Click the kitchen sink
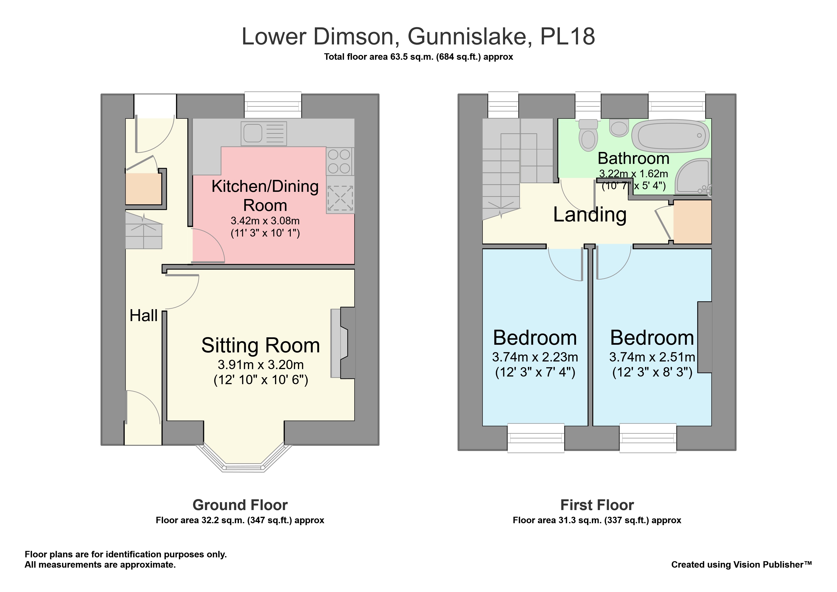[x=264, y=134]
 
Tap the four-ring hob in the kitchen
[x=339, y=161]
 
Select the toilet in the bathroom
[x=588, y=135]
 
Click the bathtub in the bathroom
[x=670, y=137]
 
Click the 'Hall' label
[x=144, y=316]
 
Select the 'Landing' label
[x=590, y=215]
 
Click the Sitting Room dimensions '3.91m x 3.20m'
[x=261, y=364]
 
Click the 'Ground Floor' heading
[x=240, y=505]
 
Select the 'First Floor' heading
[x=597, y=505]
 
